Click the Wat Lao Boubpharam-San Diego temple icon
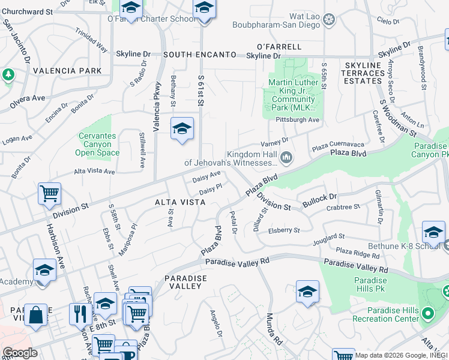pyautogui.click(x=328, y=20)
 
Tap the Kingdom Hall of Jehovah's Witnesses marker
pyautogui.click(x=286, y=158)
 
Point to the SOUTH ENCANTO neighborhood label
pyautogui.click(x=199, y=55)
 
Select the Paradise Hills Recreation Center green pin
pyautogui.click(x=427, y=313)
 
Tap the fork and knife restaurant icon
pyautogui.click(x=79, y=313)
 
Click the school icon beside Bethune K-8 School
pyautogui.click(x=433, y=232)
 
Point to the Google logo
pyautogui.click(x=20, y=353)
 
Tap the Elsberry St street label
pyautogui.click(x=284, y=230)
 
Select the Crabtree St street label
pyautogui.click(x=343, y=207)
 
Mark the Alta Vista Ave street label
pyautogui.click(x=95, y=171)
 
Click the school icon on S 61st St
pyautogui.click(x=182, y=128)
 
